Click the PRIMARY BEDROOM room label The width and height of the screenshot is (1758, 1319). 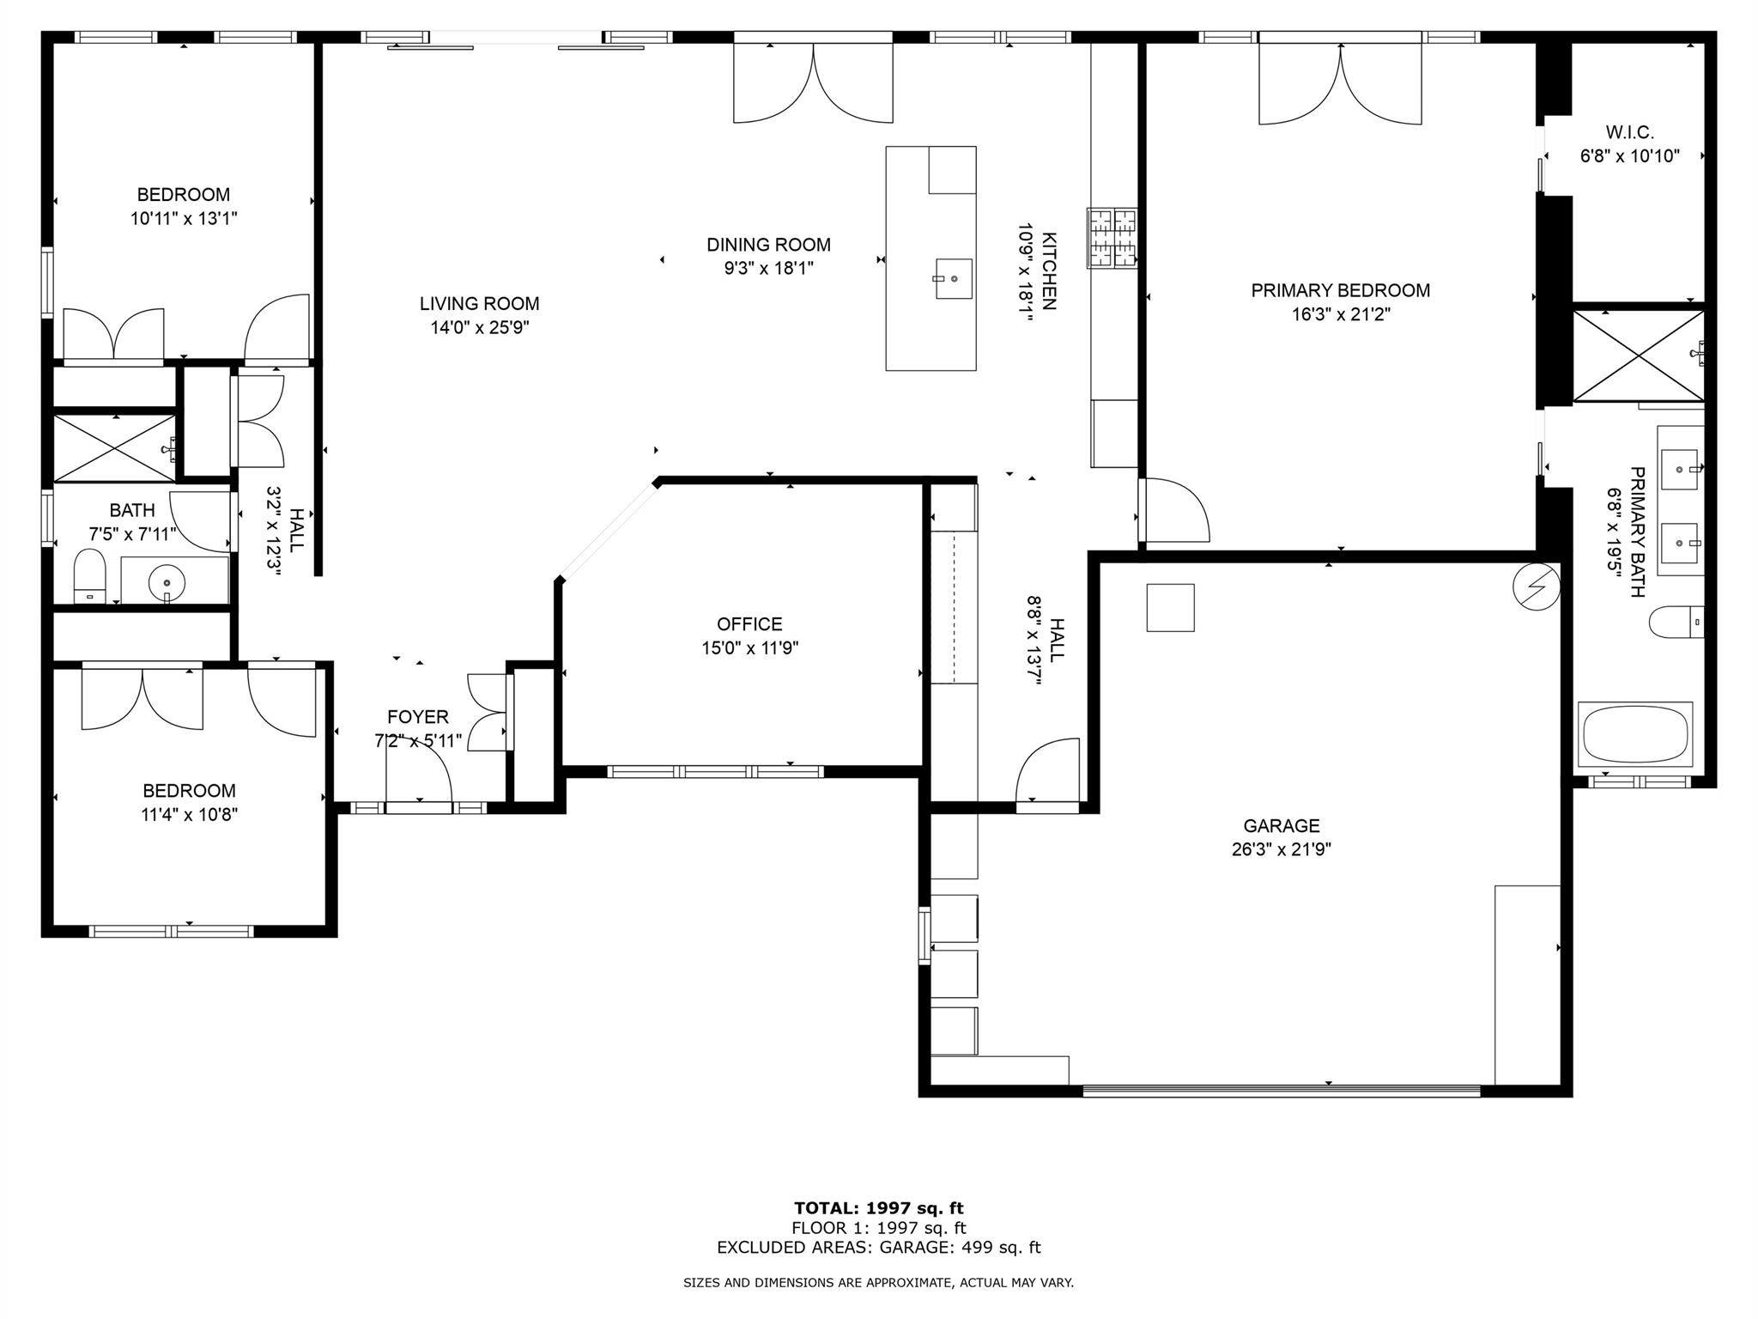click(x=1340, y=290)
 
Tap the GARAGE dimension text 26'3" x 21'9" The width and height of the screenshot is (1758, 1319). click(x=1281, y=850)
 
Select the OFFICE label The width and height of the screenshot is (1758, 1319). click(x=749, y=624)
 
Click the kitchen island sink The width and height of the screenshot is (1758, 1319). click(x=953, y=278)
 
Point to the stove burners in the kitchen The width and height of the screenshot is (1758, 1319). click(x=1112, y=237)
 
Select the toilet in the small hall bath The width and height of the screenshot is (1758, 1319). click(x=89, y=576)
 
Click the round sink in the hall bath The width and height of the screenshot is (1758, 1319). click(x=167, y=583)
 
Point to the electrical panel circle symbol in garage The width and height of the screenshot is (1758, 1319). click(x=1536, y=587)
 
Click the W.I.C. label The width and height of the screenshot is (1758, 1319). click(x=1629, y=133)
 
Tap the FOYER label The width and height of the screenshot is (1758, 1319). click(x=417, y=717)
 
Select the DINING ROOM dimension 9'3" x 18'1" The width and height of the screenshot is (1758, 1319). click(x=768, y=269)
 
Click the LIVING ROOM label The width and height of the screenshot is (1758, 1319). click(x=479, y=303)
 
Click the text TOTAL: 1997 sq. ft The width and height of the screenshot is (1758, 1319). click(x=878, y=1208)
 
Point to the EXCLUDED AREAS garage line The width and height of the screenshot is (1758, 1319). click(x=878, y=1248)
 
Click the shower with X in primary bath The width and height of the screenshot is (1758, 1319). click(x=1638, y=356)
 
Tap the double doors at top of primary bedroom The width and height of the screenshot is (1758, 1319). click(x=1340, y=84)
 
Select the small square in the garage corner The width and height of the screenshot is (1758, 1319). click(x=1170, y=607)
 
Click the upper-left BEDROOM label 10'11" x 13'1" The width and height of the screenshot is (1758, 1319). click(x=183, y=195)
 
